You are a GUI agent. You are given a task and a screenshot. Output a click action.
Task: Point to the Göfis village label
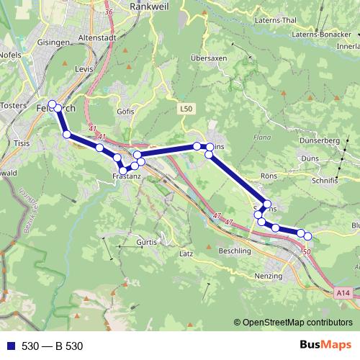pyautogui.click(x=125, y=112)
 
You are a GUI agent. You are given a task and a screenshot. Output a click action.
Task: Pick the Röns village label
pyautogui.click(x=268, y=175)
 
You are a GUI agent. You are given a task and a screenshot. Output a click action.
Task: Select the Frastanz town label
pyautogui.click(x=127, y=176)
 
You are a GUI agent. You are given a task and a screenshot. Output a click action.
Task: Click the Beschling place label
pyautogui.click(x=234, y=251)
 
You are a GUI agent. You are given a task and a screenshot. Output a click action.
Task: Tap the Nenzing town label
pyautogui.click(x=270, y=276)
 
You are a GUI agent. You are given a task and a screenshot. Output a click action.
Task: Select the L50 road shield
pyautogui.click(x=186, y=109)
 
